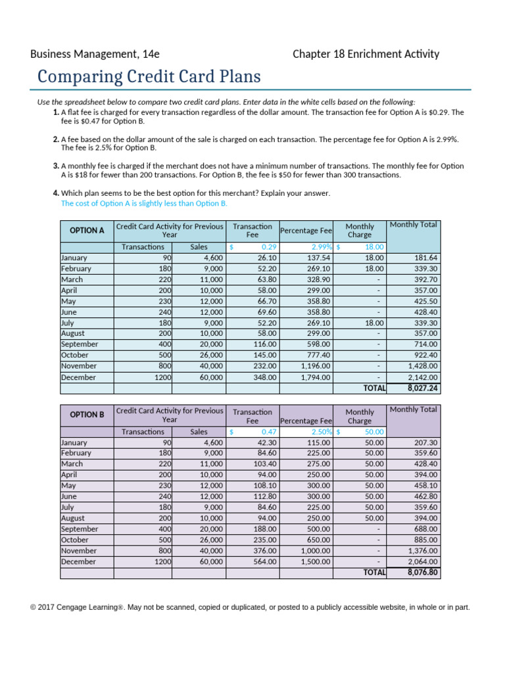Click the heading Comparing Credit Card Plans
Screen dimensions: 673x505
coord(149,77)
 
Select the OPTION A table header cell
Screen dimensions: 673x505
coord(87,231)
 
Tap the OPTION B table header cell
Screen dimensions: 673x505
coord(87,415)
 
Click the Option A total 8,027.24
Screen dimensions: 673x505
coord(423,388)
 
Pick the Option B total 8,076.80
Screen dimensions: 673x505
coord(423,572)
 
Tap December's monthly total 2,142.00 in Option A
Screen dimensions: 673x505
coord(422,377)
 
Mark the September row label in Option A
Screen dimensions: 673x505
coord(80,344)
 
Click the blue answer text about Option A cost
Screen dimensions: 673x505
coord(144,204)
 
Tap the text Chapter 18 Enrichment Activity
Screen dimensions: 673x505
coord(366,54)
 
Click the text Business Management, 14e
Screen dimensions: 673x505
coord(95,54)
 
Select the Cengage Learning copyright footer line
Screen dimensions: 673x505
coord(250,607)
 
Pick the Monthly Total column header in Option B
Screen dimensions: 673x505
coord(413,409)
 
